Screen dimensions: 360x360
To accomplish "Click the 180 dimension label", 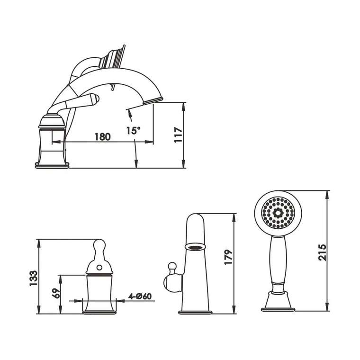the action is (x=103, y=137).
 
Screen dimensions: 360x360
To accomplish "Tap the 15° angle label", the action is (x=133, y=130).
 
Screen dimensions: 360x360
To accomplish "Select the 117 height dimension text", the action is (x=178, y=135).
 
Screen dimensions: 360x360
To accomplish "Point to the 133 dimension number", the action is (x=33, y=278).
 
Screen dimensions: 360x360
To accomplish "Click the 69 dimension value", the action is (x=56, y=293).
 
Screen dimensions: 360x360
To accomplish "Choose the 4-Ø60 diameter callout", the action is (x=140, y=296).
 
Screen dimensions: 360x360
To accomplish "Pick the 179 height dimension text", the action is (x=228, y=257).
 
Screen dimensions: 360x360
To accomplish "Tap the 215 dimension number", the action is (x=322, y=252).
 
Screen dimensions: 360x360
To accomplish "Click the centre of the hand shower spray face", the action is (x=278, y=213).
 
